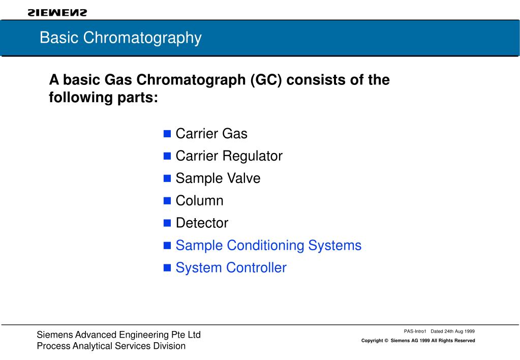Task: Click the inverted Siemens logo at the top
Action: click(57, 12)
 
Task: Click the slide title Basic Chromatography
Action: click(120, 38)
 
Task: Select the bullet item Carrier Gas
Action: click(211, 134)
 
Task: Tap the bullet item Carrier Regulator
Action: click(229, 156)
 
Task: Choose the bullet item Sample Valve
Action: click(218, 178)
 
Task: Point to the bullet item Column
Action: click(199, 201)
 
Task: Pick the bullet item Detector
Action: click(202, 223)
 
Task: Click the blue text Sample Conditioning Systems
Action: click(268, 246)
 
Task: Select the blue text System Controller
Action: click(231, 268)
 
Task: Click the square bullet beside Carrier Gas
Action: click(167, 134)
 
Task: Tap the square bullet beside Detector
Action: click(167, 223)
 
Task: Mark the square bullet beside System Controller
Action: click(167, 268)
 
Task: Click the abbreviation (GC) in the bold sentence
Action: click(265, 80)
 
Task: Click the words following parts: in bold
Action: click(104, 97)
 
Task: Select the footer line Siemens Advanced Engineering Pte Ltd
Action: click(118, 335)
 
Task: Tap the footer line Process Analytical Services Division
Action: click(111, 346)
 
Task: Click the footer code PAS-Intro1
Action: click(414, 331)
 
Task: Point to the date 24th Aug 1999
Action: click(460, 331)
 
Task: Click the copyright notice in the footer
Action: click(418, 341)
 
